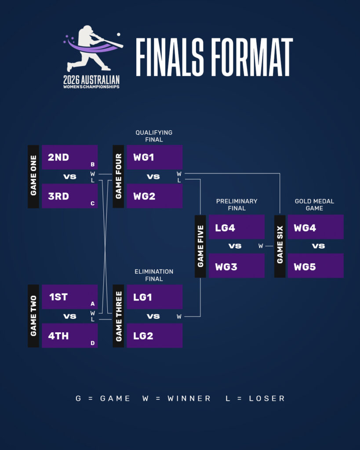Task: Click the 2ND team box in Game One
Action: (69, 157)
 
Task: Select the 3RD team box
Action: (69, 196)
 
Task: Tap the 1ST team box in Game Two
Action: (69, 297)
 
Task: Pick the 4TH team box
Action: (69, 336)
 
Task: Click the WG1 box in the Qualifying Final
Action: (154, 157)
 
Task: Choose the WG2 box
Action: (154, 196)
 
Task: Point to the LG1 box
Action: (154, 297)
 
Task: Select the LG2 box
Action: (154, 336)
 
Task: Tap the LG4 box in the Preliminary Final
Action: (236, 227)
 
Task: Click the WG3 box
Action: (236, 266)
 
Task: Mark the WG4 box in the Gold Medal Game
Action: (315, 227)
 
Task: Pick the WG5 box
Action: (315, 266)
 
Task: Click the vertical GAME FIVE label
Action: (200, 246)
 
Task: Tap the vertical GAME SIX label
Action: (280, 246)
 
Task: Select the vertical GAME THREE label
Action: (118, 316)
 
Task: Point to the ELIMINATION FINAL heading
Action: (154, 275)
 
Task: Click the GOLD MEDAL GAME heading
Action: (314, 205)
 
